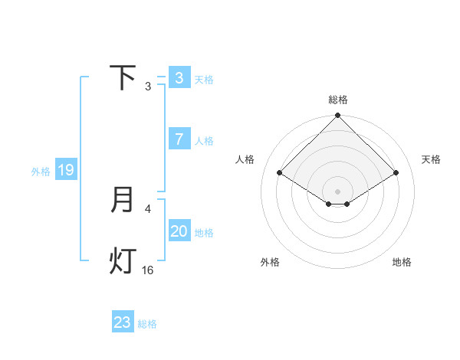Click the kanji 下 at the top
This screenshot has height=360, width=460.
coord(123,78)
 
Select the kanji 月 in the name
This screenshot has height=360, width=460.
coord(123,200)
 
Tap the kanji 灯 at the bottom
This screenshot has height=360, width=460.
coord(123,260)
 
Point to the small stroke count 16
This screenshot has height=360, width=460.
coord(148,270)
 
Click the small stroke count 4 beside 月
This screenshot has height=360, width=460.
coord(148,208)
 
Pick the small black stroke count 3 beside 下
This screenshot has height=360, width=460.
coord(148,87)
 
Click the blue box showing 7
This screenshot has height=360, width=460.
coord(179,139)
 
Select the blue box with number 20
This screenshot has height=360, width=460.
coord(179,231)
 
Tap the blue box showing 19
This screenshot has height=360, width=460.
coord(66,170)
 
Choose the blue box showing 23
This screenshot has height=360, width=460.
coord(123,322)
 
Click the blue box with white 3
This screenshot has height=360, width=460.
coord(179,78)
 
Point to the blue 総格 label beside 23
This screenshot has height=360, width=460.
coord(147,324)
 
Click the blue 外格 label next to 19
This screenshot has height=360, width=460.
coord(41,172)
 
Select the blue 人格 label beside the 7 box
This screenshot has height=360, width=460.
coord(204,141)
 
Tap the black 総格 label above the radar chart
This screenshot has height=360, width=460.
coord(338,100)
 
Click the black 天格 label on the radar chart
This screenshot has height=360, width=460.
coord(432,159)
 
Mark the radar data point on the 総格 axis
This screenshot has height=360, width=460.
coord(337,116)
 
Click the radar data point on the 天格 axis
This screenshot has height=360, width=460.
coord(396,172)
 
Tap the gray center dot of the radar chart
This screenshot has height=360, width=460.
coord(337,191)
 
